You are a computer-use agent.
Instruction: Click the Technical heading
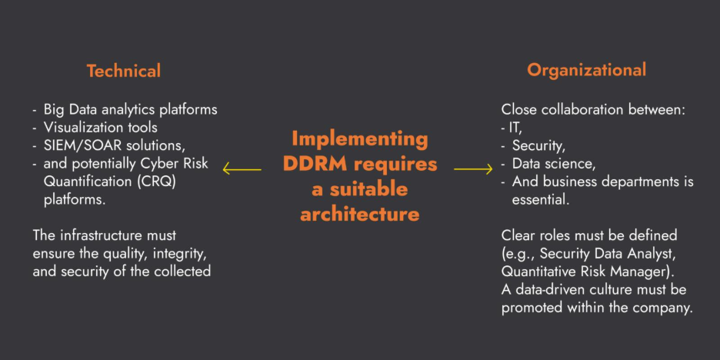(123, 71)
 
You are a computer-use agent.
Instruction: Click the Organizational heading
(586, 70)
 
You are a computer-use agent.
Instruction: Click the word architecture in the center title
(360, 214)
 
